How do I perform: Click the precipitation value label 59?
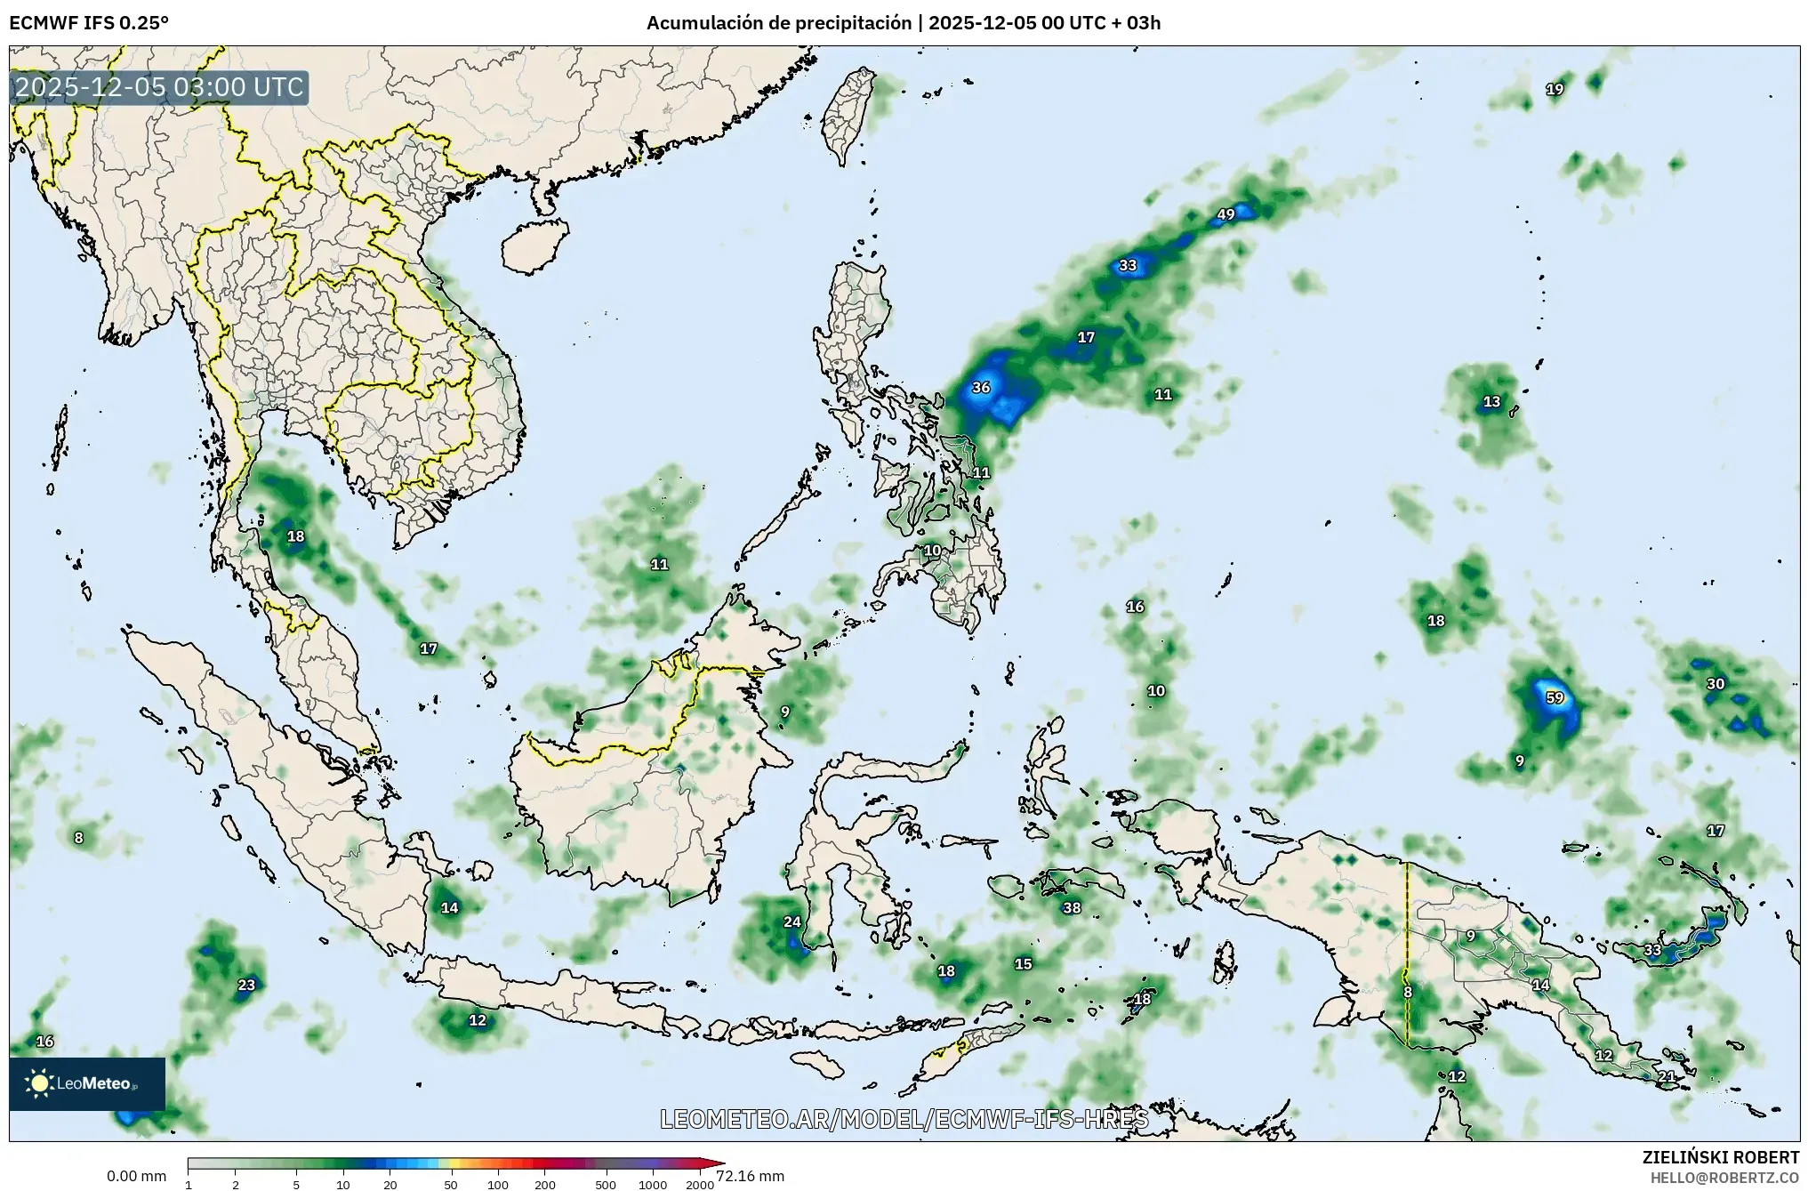click(x=1555, y=698)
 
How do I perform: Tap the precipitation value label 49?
click(x=1226, y=214)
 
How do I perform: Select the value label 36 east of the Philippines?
click(x=981, y=388)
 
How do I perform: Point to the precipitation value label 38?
click(x=1072, y=908)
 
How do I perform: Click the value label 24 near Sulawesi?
click(x=792, y=922)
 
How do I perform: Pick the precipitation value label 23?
click(x=246, y=985)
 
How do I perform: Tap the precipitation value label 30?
click(x=1716, y=684)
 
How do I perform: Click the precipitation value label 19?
click(x=1555, y=89)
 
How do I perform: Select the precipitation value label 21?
click(x=1667, y=1076)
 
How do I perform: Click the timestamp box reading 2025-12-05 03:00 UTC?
click(x=160, y=88)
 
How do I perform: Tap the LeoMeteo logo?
click(x=87, y=1083)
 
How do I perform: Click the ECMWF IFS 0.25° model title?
click(x=88, y=23)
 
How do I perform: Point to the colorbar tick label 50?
click(x=451, y=1185)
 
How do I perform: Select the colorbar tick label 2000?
click(x=700, y=1185)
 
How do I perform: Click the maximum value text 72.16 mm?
click(x=750, y=1177)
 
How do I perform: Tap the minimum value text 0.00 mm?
click(x=136, y=1177)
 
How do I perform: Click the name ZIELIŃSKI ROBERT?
click(x=1721, y=1157)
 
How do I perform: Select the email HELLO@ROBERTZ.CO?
click(x=1724, y=1177)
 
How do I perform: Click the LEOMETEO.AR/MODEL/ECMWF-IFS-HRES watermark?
click(x=904, y=1119)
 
